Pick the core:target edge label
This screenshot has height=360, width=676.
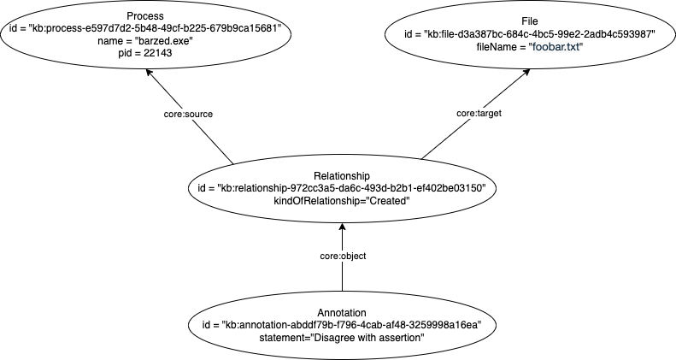[x=479, y=112]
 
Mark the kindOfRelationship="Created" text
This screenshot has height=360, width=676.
[x=341, y=199]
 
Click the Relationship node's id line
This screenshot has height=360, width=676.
[x=341, y=187]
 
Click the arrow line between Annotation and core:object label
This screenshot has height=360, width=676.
[x=342, y=278]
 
